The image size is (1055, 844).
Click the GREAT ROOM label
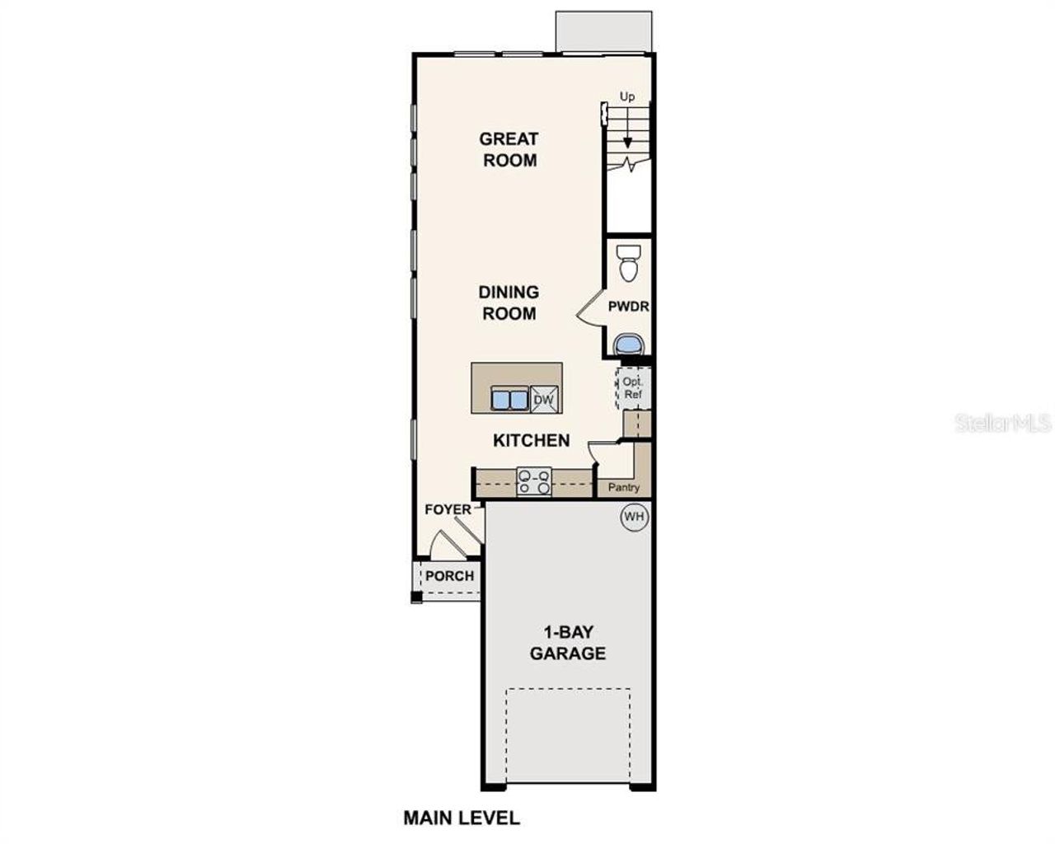(509, 149)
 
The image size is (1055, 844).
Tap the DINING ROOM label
(509, 302)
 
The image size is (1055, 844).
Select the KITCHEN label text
(531, 440)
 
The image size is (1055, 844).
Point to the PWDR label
(629, 307)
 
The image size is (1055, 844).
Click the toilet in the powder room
(629, 263)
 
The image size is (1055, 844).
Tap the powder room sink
(629, 341)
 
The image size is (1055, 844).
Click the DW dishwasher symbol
(544, 400)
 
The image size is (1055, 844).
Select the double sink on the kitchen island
(509, 399)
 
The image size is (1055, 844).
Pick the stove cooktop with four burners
(533, 481)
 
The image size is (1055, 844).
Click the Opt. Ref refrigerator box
(632, 388)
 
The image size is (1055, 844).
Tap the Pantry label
(624, 487)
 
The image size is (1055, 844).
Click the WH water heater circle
(634, 517)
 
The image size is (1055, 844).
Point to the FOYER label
(448, 509)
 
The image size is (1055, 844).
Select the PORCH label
(450, 575)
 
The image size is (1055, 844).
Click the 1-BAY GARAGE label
(567, 643)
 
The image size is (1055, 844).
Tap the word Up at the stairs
(627, 97)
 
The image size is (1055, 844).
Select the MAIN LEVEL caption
(462, 818)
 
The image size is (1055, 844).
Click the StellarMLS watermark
(1003, 424)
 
